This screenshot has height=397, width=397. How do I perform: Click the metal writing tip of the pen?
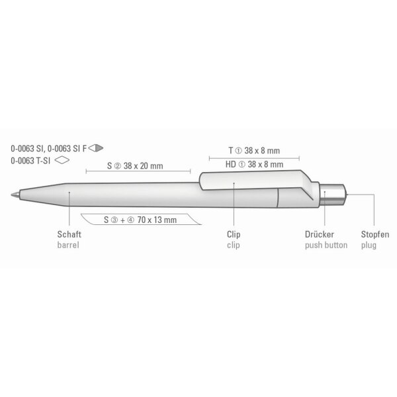coord(15,195)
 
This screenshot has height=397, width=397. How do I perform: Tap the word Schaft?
coord(69,234)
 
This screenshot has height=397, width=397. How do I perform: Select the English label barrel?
coord(68,245)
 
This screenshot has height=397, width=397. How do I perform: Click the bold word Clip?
coord(234,234)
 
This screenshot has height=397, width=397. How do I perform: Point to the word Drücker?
coord(320,234)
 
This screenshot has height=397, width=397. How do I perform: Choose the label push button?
coord(326,245)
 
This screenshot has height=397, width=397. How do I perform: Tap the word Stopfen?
coord(375,234)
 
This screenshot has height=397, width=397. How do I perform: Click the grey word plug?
coord(369,245)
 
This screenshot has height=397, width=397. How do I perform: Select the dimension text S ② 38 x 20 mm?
coord(135,166)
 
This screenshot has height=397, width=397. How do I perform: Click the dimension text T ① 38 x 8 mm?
coord(254,151)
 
